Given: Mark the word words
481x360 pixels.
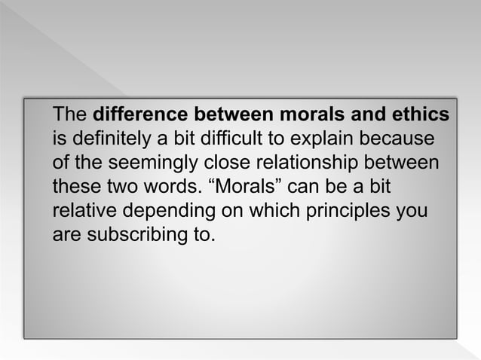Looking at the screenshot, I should point(169,187).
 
